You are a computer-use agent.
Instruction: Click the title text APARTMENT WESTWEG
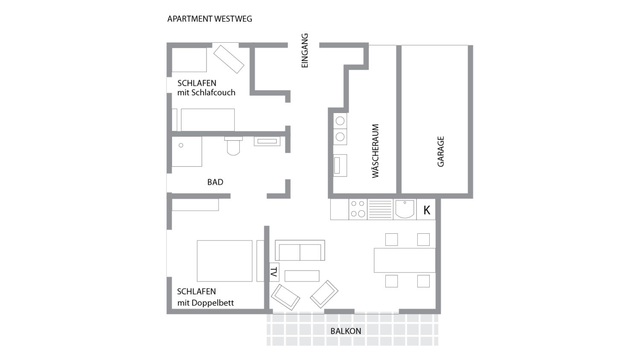click(210, 19)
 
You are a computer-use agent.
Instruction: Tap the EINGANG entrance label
click(305, 51)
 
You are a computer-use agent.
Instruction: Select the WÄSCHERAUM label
click(375, 151)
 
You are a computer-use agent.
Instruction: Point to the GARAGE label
click(441, 151)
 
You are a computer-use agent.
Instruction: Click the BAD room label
click(215, 182)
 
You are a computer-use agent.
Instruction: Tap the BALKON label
click(346, 331)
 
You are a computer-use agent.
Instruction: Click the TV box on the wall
click(274, 272)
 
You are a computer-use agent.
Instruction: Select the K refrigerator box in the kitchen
click(426, 209)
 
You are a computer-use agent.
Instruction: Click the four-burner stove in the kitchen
click(358, 209)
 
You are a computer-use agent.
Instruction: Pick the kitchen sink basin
click(404, 209)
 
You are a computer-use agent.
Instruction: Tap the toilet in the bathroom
click(233, 146)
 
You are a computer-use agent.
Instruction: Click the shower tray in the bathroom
click(187, 151)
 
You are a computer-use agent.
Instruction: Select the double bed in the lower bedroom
click(224, 261)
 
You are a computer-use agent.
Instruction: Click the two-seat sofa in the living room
click(300, 250)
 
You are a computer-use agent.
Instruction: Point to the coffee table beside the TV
click(302, 276)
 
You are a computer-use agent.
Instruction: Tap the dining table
click(404, 260)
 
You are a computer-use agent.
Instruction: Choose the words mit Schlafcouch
click(206, 93)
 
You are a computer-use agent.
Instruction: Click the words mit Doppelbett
click(205, 303)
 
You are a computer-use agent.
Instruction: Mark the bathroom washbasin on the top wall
click(267, 141)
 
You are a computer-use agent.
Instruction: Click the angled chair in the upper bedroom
click(229, 59)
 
